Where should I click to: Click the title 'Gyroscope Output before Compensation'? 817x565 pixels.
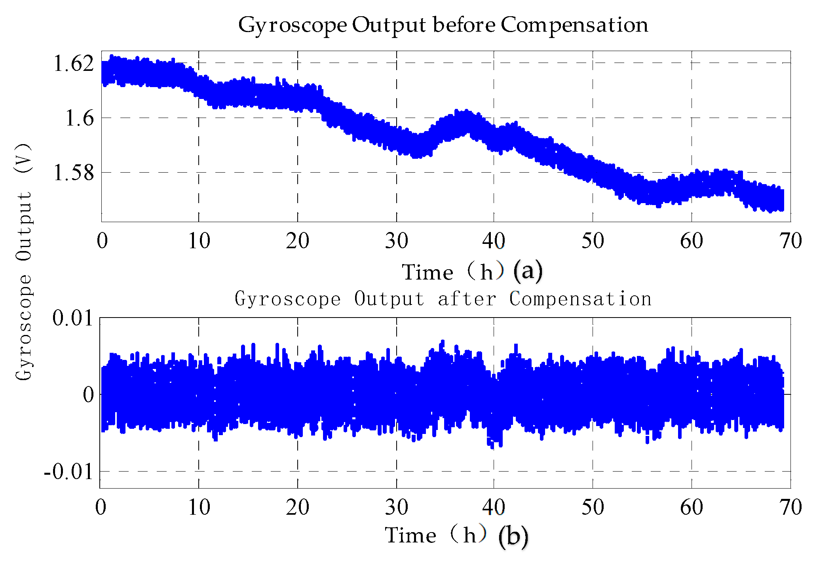coord(443,25)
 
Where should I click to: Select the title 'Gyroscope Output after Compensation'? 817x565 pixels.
coord(443,299)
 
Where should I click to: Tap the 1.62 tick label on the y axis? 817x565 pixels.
coord(74,63)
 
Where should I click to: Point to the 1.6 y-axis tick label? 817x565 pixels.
coord(80,118)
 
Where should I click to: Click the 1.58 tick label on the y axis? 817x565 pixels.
coord(74,173)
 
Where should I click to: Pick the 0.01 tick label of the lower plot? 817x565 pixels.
coord(73,318)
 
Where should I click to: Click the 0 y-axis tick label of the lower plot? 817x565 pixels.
coord(89,395)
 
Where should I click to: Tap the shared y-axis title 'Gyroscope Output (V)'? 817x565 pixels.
coord(24,261)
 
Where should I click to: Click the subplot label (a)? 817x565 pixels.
coord(528,271)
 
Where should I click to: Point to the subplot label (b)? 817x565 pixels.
coord(513,536)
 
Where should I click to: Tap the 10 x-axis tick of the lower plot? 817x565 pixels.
coord(199,507)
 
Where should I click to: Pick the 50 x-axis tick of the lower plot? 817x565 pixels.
coord(593,507)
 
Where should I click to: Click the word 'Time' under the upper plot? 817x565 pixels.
coord(427,272)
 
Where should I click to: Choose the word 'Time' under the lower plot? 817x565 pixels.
coord(411,535)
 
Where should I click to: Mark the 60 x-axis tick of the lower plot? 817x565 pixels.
coord(692,507)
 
